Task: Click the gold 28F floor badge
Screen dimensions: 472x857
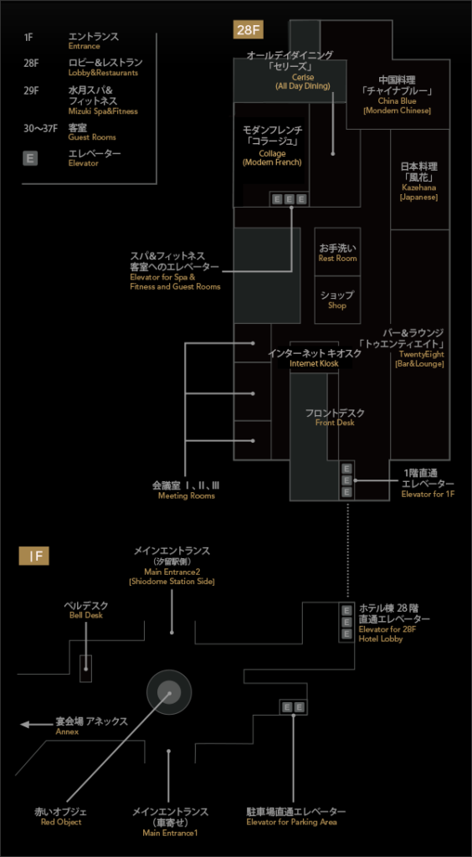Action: click(249, 29)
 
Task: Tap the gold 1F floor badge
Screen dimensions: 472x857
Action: click(34, 557)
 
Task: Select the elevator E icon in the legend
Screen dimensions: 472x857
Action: click(31, 158)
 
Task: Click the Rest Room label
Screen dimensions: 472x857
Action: click(337, 253)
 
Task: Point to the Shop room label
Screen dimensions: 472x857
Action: click(337, 300)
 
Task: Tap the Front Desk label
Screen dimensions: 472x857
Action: click(335, 417)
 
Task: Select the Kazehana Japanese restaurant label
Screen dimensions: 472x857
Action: click(419, 181)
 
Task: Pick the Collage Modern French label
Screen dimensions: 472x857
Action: click(272, 146)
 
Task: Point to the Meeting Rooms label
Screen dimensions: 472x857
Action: click(187, 490)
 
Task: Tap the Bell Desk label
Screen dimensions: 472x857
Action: click(85, 610)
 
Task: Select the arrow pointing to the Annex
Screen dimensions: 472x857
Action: click(36, 725)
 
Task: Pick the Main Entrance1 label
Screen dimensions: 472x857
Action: click(170, 822)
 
